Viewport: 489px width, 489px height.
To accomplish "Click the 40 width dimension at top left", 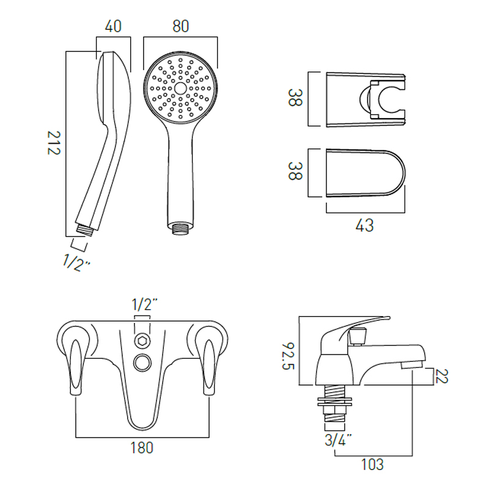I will [x=113, y=26].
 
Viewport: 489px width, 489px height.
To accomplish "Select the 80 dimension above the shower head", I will [x=180, y=26].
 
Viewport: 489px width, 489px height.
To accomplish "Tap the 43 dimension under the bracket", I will [x=364, y=225].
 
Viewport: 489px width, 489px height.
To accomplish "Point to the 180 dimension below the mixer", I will [x=142, y=447].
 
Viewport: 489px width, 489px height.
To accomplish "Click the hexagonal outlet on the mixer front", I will [x=142, y=342].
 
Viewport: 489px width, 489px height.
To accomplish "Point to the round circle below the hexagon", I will [x=142, y=362].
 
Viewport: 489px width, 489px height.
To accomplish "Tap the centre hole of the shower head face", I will [x=180, y=87].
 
